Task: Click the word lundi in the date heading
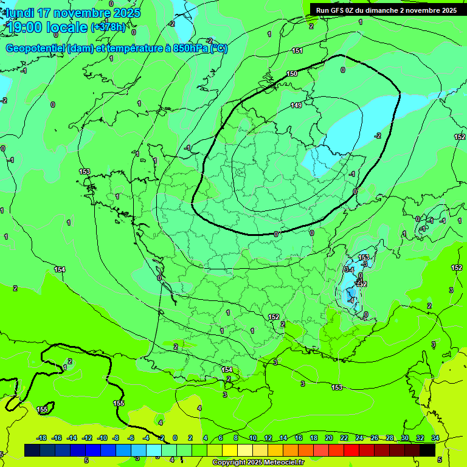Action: pos(18,13)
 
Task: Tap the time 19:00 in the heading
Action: pos(24,27)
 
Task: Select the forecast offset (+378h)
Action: pos(108,27)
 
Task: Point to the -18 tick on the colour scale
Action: pos(41,438)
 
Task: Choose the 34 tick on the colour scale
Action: pos(435,438)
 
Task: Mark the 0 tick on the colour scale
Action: pos(175,438)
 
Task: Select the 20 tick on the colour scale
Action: pos(328,438)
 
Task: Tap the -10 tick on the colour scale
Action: pos(102,438)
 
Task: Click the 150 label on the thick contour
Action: pos(292,74)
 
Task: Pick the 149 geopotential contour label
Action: pos(296,105)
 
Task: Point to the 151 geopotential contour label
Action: pos(297,50)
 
